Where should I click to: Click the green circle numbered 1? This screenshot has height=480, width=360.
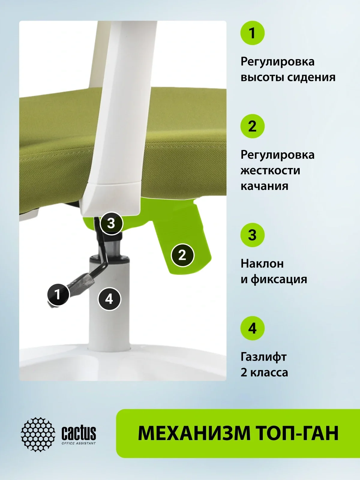pos(253,33)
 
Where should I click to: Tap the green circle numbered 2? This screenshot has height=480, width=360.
pos(253,126)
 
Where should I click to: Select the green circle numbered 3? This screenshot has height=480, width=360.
pos(253,235)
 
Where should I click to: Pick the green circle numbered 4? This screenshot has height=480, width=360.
pos(253,328)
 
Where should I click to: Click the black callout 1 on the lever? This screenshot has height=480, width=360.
pos(58,294)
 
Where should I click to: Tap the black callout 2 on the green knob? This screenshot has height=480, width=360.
pos(182,255)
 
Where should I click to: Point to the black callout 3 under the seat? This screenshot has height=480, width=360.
pos(111,223)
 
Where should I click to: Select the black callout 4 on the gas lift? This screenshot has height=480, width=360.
pos(109,299)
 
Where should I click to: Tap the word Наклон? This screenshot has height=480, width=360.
pos(262,264)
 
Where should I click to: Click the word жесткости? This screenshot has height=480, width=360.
pos(271,171)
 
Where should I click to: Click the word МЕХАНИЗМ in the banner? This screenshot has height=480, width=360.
pos(194,433)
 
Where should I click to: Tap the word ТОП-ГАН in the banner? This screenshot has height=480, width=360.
pos(298,433)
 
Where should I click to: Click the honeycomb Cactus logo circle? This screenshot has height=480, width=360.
pos(38,434)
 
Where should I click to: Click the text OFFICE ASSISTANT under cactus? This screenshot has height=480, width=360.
pos(79,443)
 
